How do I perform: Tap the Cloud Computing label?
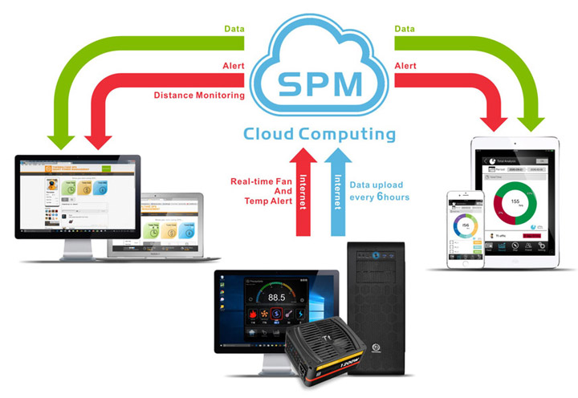(x=320, y=133)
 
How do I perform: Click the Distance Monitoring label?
(x=199, y=95)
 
